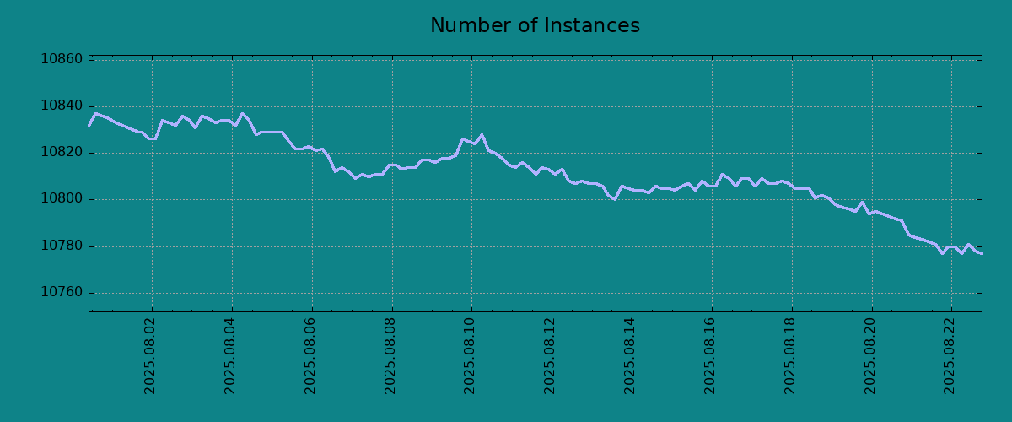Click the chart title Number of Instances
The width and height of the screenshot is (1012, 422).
pyautogui.click(x=535, y=25)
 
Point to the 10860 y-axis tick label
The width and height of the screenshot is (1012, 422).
pyautogui.click(x=62, y=59)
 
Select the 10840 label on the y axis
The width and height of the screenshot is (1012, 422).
pyautogui.click(x=62, y=105)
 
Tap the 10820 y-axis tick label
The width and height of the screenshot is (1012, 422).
pyautogui.click(x=62, y=152)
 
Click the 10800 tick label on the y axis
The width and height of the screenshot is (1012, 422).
pyautogui.click(x=62, y=199)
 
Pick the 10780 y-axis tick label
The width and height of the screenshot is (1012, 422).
pyautogui.click(x=62, y=246)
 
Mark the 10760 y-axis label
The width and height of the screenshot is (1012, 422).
pyautogui.click(x=62, y=292)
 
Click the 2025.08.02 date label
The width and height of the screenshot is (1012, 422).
pyautogui.click(x=149, y=356)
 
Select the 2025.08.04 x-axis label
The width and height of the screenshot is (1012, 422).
pyautogui.click(x=229, y=356)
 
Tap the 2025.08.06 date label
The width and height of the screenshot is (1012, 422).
pyautogui.click(x=310, y=356)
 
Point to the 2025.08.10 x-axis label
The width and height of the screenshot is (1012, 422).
pyautogui.click(x=470, y=356)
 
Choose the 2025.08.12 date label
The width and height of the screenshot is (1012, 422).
pyautogui.click(x=549, y=356)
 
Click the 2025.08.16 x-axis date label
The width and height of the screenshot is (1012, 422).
pyautogui.click(x=710, y=356)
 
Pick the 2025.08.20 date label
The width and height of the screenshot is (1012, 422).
pyautogui.click(x=869, y=356)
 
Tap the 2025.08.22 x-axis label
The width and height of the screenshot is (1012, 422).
pyautogui.click(x=950, y=356)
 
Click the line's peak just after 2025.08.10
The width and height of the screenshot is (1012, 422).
pyautogui.click(x=482, y=135)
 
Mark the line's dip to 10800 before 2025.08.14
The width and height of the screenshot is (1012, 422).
pyautogui.click(x=615, y=199)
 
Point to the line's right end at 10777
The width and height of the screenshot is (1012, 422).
pyautogui.click(x=982, y=254)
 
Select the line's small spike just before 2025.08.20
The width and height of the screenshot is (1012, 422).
pyautogui.click(x=863, y=203)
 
